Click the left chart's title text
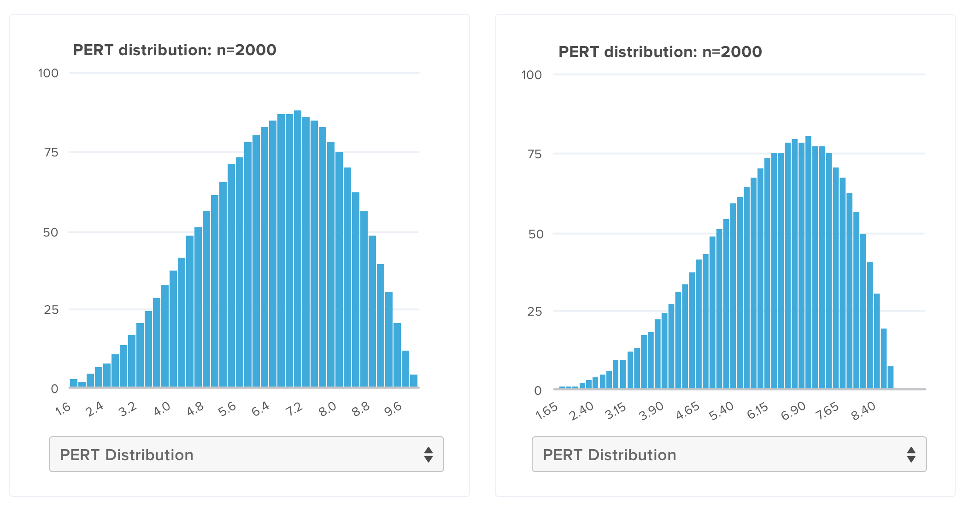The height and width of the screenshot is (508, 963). [174, 50]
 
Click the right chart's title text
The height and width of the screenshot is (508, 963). [660, 52]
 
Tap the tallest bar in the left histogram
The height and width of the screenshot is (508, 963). [298, 248]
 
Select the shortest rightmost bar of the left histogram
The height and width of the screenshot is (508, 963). [414, 381]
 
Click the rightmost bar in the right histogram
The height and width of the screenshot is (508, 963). [890, 377]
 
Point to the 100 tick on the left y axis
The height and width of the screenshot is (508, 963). [48, 74]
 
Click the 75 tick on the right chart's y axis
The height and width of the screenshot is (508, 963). [534, 154]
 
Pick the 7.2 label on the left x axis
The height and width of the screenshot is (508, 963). [294, 409]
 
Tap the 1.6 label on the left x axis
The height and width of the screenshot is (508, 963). [63, 408]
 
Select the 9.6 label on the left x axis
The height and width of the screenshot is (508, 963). [393, 409]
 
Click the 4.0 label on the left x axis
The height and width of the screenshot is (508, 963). [162, 409]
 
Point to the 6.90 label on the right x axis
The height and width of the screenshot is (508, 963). [793, 411]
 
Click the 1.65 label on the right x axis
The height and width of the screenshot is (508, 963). [547, 411]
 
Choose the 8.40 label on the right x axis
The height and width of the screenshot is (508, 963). [863, 411]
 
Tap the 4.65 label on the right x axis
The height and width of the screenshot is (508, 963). [687, 411]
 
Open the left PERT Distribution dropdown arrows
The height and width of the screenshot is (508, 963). [429, 455]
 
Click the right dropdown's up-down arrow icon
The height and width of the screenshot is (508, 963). [911, 455]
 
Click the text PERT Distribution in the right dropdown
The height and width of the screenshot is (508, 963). [609, 455]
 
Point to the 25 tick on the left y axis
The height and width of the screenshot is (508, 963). [51, 310]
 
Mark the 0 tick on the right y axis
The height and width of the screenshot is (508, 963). [538, 391]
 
